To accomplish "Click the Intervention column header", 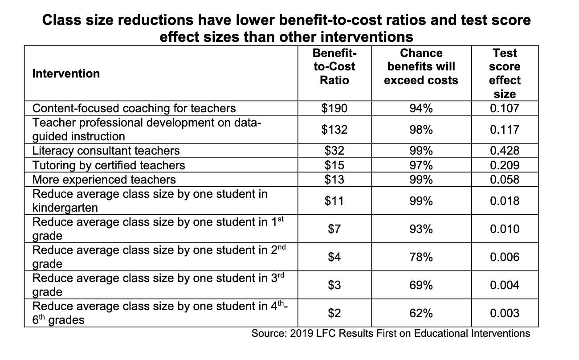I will click(66, 74).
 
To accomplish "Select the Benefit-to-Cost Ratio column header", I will click(334, 67).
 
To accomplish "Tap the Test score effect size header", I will click(505, 74).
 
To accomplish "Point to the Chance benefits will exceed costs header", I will click(421, 67).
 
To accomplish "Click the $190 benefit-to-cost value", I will click(334, 108).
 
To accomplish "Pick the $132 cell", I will click(334, 130).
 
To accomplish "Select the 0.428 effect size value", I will click(505, 151).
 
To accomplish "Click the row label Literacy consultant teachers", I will click(106, 151).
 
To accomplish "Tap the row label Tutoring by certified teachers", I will click(109, 165).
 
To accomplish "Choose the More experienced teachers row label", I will click(104, 180).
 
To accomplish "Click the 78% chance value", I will click(421, 257).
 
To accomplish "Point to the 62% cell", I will click(421, 313).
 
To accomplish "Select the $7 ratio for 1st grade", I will click(334, 229).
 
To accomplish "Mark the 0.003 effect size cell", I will click(505, 313).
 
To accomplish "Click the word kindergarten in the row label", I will click(65, 208).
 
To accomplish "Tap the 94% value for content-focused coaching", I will click(421, 108).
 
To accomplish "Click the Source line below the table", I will click(391, 333).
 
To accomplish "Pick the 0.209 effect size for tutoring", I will click(505, 165).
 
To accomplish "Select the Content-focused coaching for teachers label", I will click(135, 108).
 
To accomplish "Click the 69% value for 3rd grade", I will click(421, 285).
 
